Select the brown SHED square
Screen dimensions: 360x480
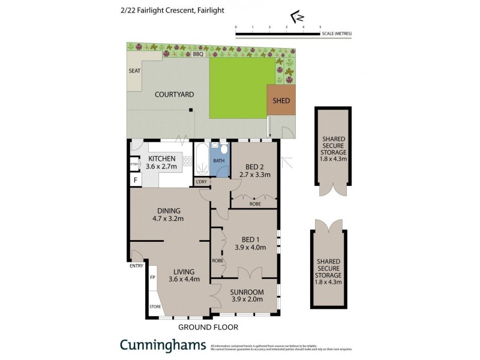281,101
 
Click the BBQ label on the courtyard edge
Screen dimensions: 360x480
198,55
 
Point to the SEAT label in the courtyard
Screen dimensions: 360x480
134,71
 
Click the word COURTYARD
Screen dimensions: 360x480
174,94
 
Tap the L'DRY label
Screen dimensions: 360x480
201,182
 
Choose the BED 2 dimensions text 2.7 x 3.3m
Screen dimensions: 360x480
254,175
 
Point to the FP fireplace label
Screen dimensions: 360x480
152,278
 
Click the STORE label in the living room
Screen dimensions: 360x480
155,307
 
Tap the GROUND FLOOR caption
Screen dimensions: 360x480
208,327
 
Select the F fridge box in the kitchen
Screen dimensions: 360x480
135,179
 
